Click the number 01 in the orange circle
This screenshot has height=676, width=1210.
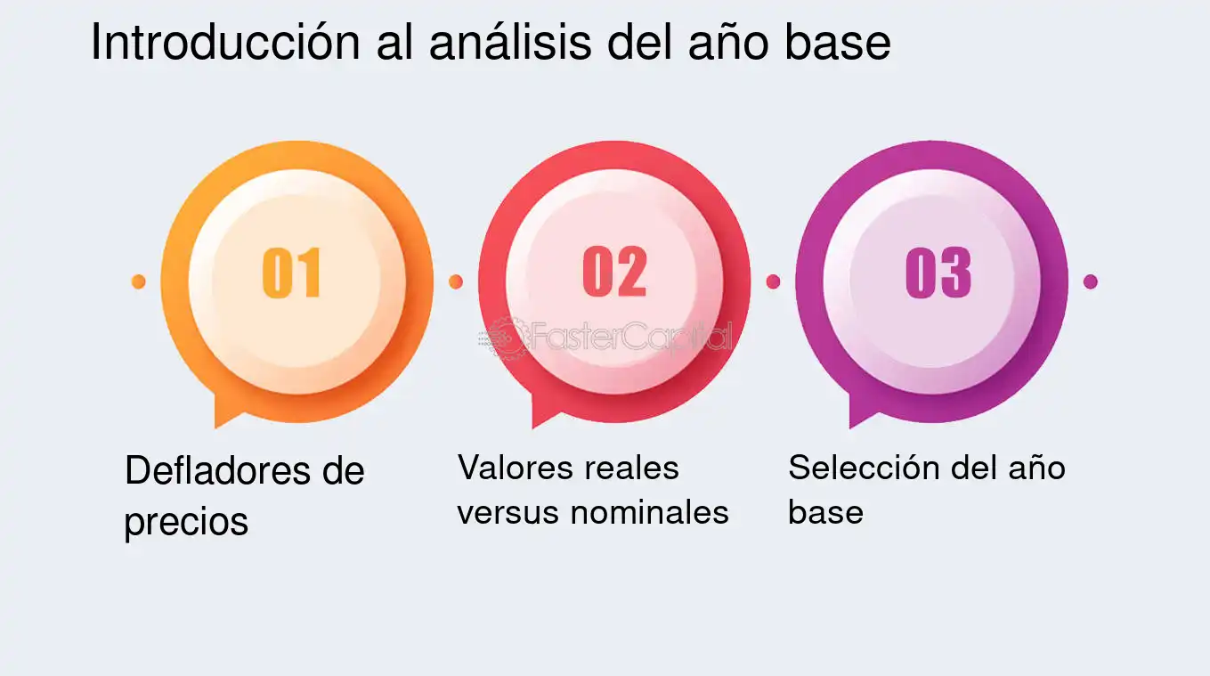click(x=292, y=273)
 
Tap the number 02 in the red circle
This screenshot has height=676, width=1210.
click(x=614, y=273)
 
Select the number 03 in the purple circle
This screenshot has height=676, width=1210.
click(x=938, y=273)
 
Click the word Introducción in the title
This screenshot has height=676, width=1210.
click(x=223, y=43)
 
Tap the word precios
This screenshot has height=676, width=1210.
click(x=185, y=521)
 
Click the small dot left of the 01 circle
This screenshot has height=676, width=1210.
click(x=138, y=281)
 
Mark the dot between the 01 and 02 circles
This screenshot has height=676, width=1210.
click(x=456, y=281)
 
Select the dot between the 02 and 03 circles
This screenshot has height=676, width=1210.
click(x=773, y=281)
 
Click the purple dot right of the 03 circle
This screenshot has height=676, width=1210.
click(x=1090, y=281)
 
